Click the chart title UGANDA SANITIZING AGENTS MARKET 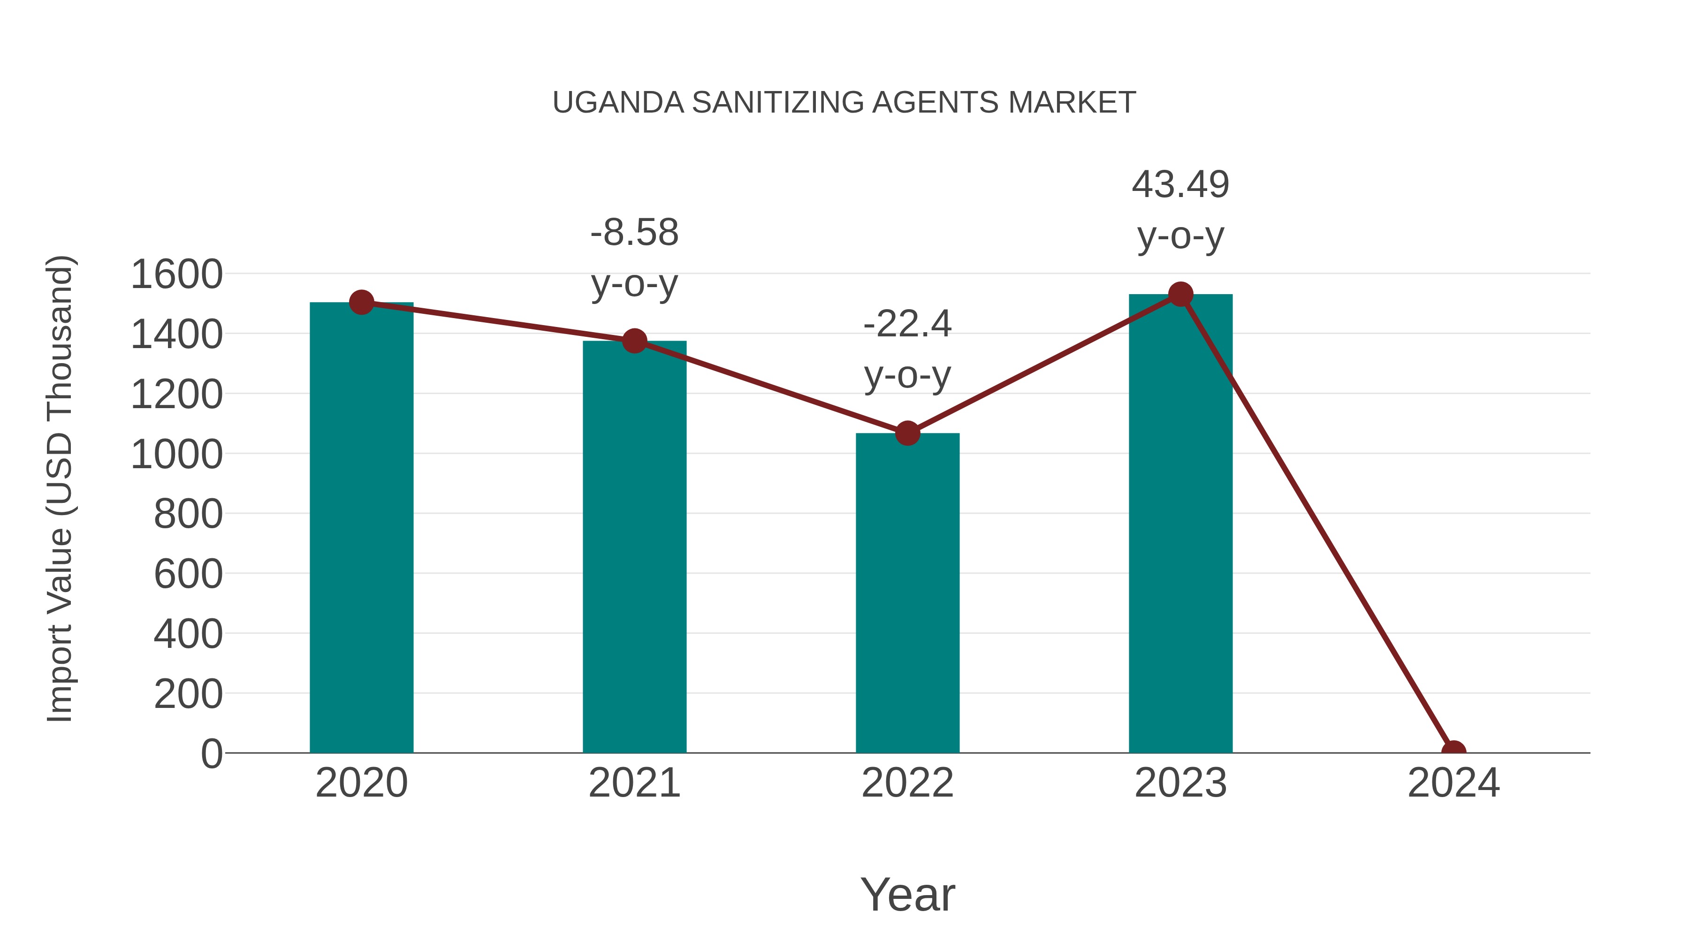(844, 103)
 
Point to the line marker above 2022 (907, 433)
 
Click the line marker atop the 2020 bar (361, 302)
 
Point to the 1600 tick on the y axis (176, 275)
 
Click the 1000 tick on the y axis (176, 454)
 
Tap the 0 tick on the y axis (211, 754)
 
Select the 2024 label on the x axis (1453, 783)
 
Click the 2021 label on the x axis (634, 783)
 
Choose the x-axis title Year (907, 894)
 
